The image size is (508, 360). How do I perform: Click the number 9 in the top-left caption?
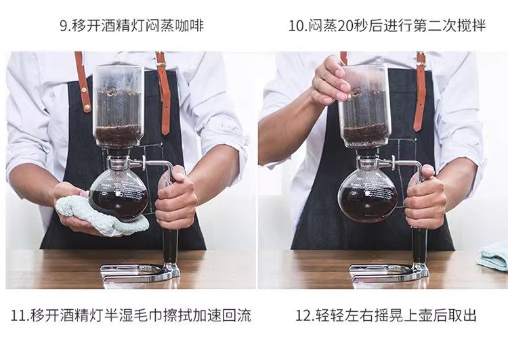64,26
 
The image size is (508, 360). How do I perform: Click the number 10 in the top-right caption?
296,26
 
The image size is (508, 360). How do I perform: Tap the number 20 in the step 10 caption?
345,26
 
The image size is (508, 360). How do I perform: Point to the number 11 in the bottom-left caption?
18,315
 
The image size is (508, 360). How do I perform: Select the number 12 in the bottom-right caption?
303,315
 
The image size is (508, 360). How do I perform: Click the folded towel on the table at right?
494,256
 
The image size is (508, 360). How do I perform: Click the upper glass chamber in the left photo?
119,106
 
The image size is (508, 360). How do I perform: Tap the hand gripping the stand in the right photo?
425,198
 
